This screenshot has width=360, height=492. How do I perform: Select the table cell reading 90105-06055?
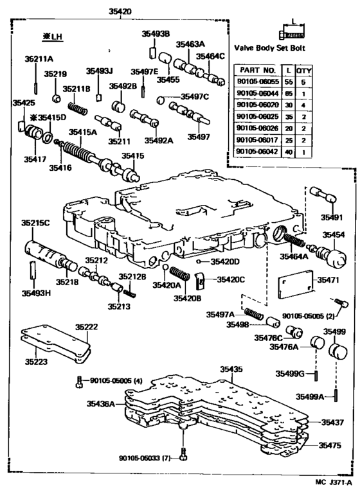[258, 83]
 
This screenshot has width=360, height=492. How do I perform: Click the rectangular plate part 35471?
[295, 286]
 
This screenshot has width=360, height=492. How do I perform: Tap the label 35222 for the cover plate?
[86, 327]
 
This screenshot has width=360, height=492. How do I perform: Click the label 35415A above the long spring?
[84, 132]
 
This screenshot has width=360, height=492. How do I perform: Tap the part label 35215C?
[35, 223]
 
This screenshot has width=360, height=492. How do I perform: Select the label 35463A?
[191, 44]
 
